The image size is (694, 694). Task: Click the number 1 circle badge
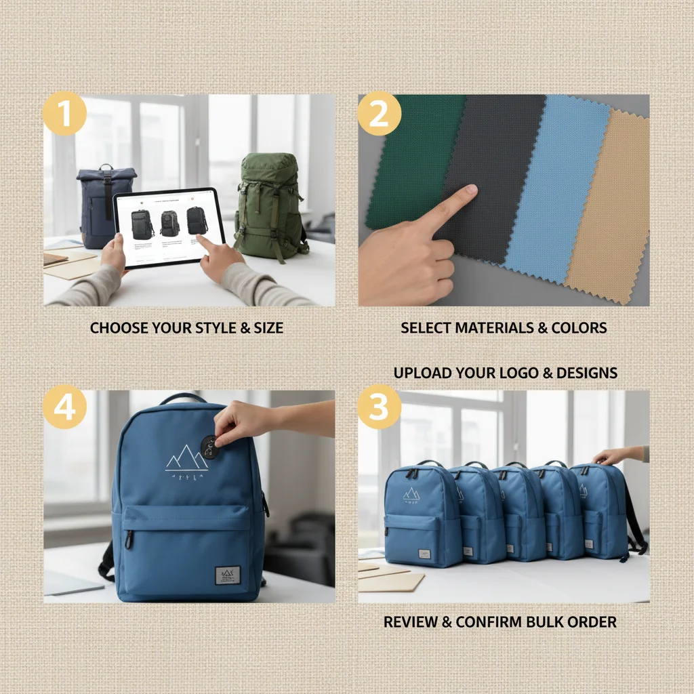[64, 114]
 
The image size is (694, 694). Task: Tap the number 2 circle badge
[380, 114]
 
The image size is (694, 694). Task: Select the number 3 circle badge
[380, 407]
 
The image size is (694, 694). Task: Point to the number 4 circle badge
[64, 407]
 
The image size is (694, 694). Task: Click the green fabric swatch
[411, 156]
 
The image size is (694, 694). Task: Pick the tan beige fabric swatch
[607, 210]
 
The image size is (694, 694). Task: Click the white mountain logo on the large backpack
[186, 459]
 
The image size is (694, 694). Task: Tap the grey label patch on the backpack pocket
[227, 575]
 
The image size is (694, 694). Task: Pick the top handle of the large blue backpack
[182, 397]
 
